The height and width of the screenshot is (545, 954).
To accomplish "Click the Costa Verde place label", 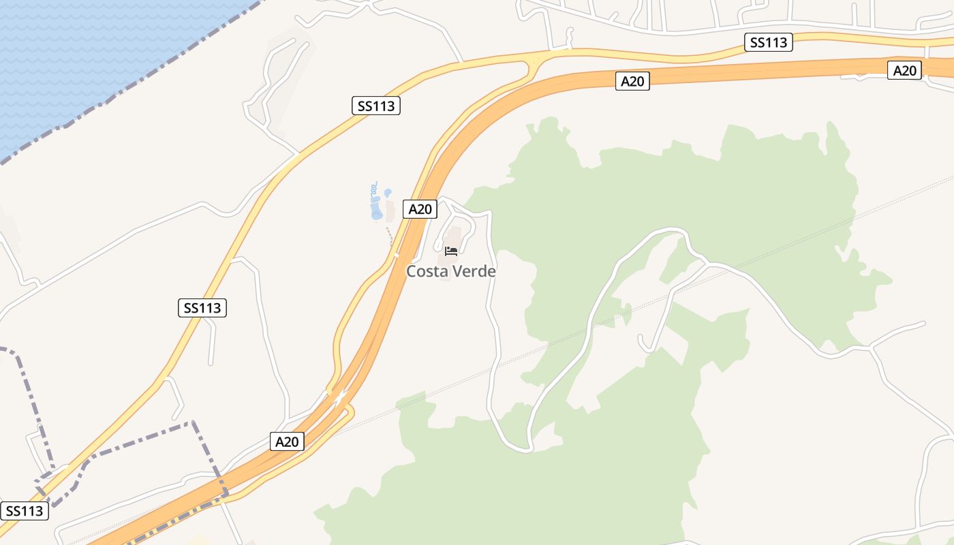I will pyautogui.click(x=450, y=271).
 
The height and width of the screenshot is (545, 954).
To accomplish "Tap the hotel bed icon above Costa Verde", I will pyautogui.click(x=450, y=251).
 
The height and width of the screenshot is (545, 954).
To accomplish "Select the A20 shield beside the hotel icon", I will pyautogui.click(x=420, y=209).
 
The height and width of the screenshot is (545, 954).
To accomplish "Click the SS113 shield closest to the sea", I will pyautogui.click(x=375, y=106).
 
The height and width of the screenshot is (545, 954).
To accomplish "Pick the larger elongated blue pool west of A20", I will pyautogui.click(x=376, y=206).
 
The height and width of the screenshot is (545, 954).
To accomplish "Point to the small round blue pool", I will pyautogui.click(x=388, y=193).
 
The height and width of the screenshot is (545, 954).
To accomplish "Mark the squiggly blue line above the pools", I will pyautogui.click(x=373, y=188).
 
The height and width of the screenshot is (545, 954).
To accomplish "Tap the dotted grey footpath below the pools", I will pyautogui.click(x=390, y=236).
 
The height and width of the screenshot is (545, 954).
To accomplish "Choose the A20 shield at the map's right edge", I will pyautogui.click(x=904, y=70).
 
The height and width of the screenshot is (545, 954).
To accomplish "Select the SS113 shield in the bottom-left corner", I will pyautogui.click(x=25, y=511).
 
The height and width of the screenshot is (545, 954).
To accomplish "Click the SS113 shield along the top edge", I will pyautogui.click(x=768, y=42).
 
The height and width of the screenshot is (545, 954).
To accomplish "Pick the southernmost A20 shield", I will pyautogui.click(x=287, y=441).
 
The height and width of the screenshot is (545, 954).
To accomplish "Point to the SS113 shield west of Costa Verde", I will pyautogui.click(x=202, y=308).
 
